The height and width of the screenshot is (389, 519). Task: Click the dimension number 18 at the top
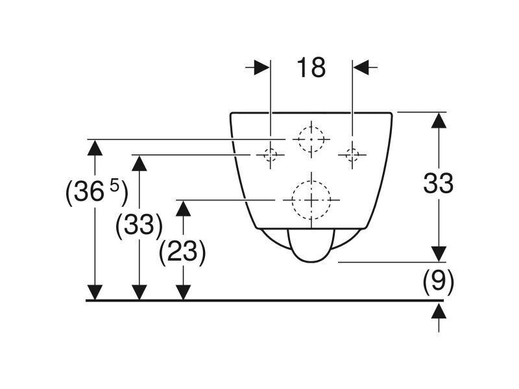(x=311, y=67)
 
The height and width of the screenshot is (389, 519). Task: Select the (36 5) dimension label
(x=96, y=192)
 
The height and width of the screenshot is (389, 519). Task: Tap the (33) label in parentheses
(x=139, y=225)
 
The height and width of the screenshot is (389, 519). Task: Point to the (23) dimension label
(x=182, y=253)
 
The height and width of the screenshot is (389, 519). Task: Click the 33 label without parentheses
(x=439, y=183)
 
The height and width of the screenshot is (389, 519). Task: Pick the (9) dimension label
(x=439, y=282)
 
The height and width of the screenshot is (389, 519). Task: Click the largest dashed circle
(x=311, y=200)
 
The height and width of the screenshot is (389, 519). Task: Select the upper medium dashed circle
(x=311, y=139)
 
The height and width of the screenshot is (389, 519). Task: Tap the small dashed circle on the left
(x=271, y=154)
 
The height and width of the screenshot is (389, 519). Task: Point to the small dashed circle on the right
(x=352, y=154)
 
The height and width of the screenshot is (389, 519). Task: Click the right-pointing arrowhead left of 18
(x=262, y=67)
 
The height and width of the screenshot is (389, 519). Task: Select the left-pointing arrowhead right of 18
(x=361, y=67)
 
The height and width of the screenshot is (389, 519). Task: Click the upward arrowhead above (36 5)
(x=95, y=148)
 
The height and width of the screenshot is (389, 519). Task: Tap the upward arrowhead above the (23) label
(x=183, y=208)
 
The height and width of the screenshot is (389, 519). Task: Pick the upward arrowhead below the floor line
(x=439, y=311)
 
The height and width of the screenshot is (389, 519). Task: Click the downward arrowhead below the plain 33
(x=439, y=253)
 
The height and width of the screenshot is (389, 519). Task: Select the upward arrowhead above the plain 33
(x=439, y=121)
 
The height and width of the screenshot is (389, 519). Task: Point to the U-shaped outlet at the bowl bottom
(x=311, y=261)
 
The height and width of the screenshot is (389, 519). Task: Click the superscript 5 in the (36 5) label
(x=114, y=187)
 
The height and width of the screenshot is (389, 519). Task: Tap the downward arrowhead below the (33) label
(x=139, y=292)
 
